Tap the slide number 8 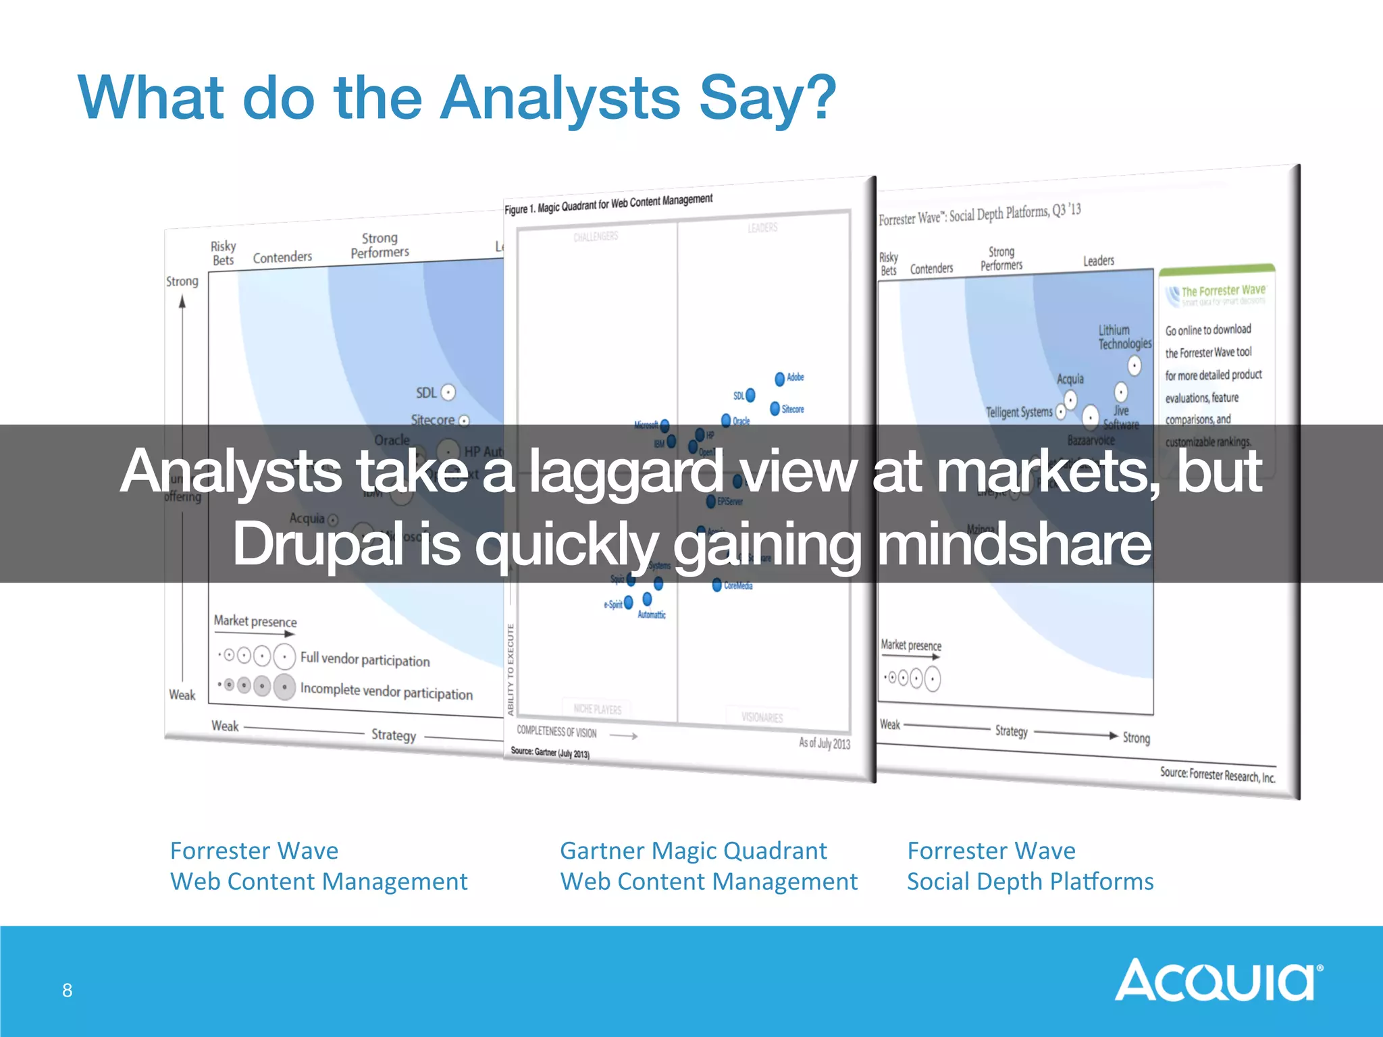[x=68, y=990]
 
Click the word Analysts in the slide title [x=560, y=99]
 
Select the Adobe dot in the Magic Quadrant [x=779, y=379]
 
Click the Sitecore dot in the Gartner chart [x=775, y=408]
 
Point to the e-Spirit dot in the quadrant [x=629, y=602]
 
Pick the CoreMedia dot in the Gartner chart [x=716, y=585]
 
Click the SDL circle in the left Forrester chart [x=448, y=392]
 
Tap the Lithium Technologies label [x=1124, y=337]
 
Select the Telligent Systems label [x=1018, y=412]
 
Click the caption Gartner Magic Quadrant [x=693, y=851]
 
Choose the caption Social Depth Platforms [x=1030, y=882]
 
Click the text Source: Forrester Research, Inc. [x=1217, y=774]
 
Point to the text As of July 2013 [x=824, y=743]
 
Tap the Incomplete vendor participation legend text [x=386, y=691]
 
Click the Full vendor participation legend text [x=365, y=659]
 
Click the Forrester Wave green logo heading [x=1222, y=291]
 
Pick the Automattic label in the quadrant [x=651, y=615]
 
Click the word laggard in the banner [x=625, y=472]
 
